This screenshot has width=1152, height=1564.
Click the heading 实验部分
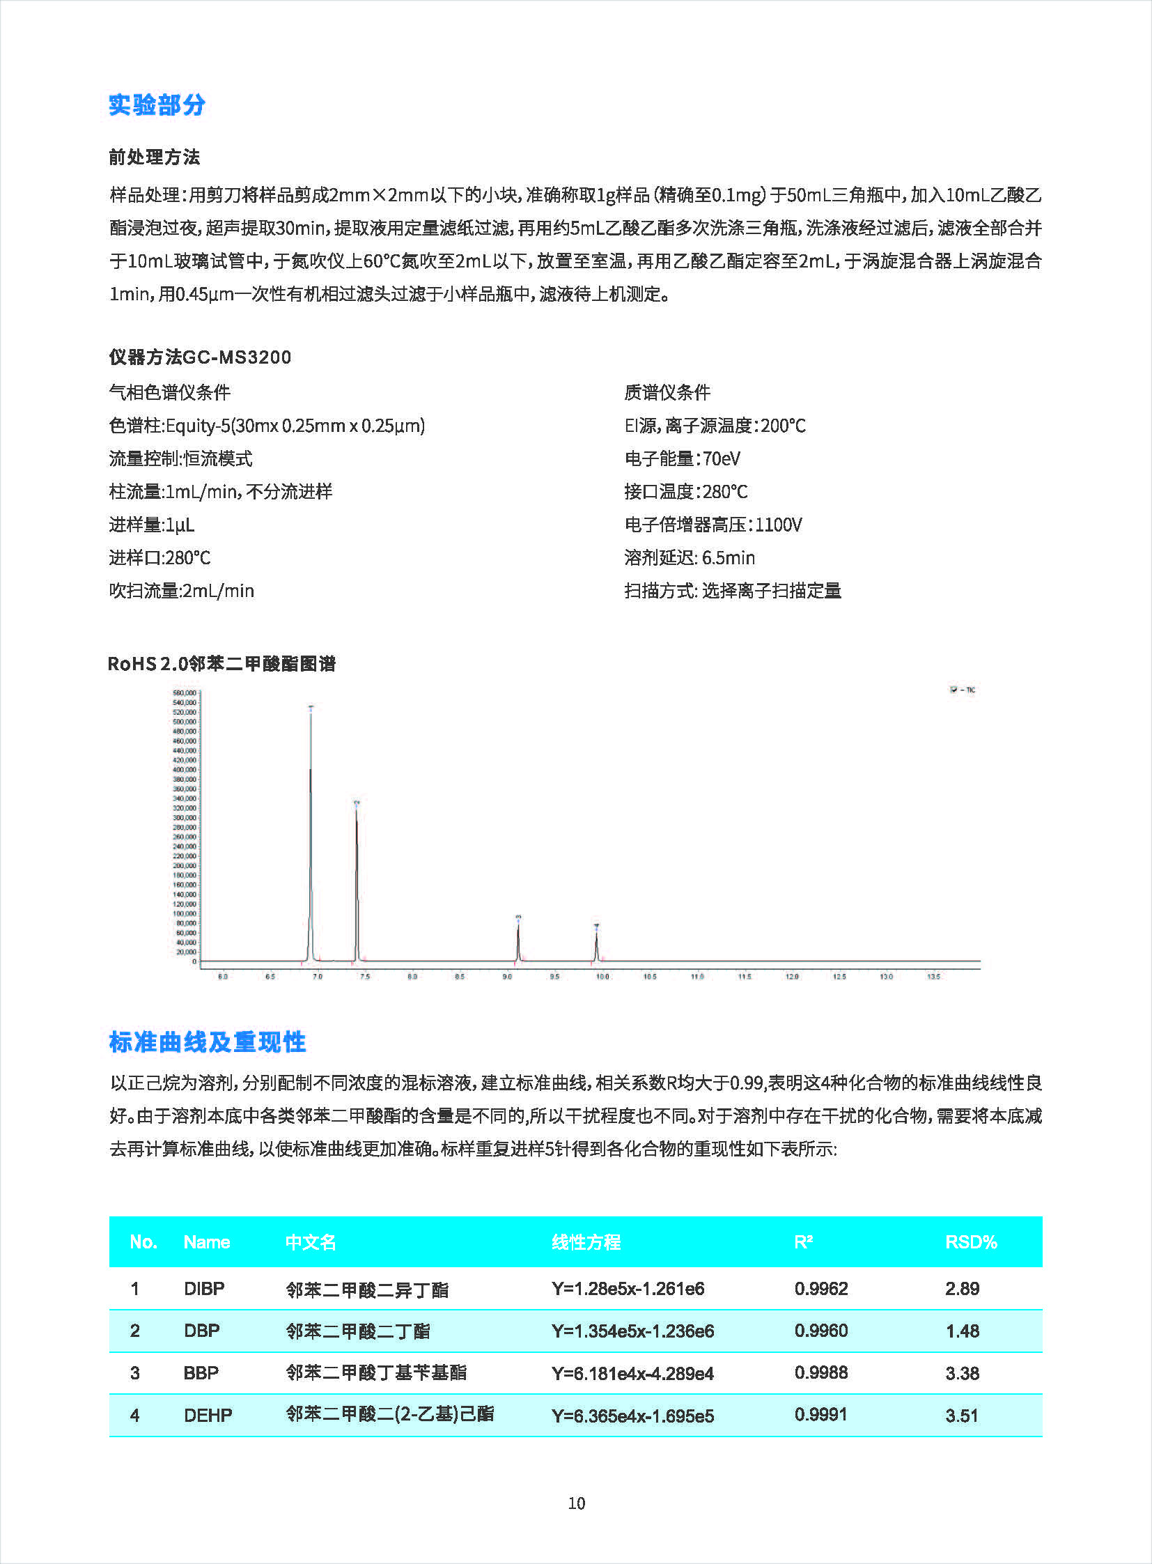coord(157,104)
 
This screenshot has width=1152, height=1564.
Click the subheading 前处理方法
coord(154,157)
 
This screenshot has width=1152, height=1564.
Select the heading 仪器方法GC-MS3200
coord(199,357)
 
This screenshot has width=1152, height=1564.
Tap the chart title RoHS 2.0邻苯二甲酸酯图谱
coord(221,663)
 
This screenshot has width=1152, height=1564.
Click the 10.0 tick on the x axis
coord(602,977)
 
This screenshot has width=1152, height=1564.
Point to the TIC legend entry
coord(963,690)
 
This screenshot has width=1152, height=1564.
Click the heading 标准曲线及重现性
coord(207,1042)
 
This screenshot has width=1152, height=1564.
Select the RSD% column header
coord(971,1241)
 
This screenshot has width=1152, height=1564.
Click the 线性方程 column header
coord(586,1241)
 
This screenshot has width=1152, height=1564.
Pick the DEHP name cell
coord(208,1416)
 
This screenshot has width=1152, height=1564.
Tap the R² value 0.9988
coord(820,1373)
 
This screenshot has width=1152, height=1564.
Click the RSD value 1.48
coord(963,1331)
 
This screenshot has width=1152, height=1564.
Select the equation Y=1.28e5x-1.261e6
coord(628,1288)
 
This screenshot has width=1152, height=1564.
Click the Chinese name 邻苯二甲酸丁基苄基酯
coord(376,1373)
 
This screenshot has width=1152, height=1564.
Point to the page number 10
coord(576,1503)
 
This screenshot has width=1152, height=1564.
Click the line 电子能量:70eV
coord(682,458)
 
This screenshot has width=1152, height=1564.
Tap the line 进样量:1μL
coord(151,525)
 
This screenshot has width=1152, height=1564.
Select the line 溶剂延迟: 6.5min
coord(689,557)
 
